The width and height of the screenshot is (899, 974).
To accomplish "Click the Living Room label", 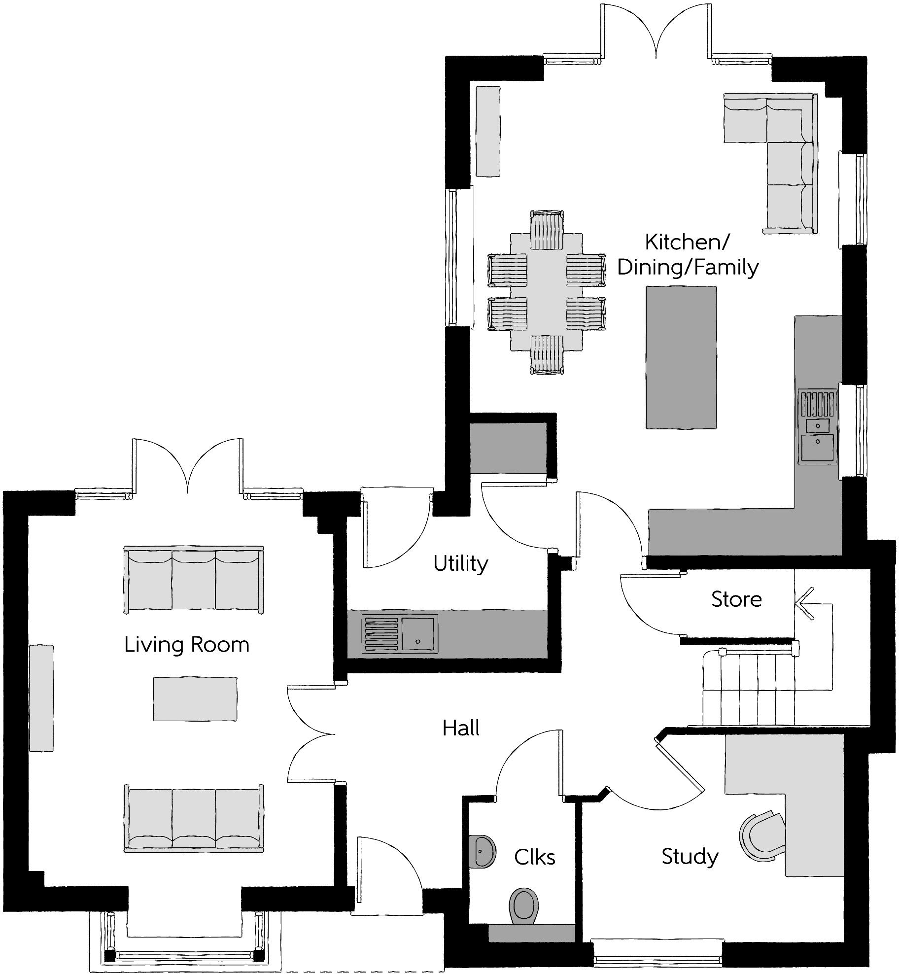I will click(186, 645).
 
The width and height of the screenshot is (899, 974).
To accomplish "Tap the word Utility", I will click(460, 563).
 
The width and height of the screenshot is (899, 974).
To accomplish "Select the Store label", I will click(736, 599).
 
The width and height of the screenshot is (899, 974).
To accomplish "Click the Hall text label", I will click(461, 728).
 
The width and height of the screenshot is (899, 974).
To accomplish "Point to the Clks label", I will click(534, 857).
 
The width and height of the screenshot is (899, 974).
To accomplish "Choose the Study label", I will click(690, 857).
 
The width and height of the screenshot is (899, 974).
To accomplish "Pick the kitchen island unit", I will click(681, 357).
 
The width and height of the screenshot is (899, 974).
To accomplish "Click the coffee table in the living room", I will click(195, 698).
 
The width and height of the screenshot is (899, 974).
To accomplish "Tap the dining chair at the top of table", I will click(547, 230).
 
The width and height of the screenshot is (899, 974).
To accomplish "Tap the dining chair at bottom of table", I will click(547, 355).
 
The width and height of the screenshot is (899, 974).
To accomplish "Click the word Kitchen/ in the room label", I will click(687, 242).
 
